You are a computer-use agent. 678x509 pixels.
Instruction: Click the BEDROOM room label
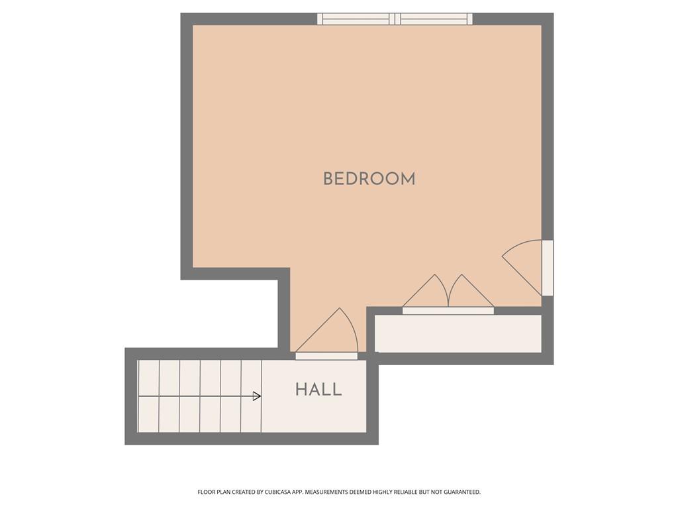[369, 179]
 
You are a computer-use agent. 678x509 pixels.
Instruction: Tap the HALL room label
[318, 390]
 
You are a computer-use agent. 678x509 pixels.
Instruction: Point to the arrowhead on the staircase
[257, 396]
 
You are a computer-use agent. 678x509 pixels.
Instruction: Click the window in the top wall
[395, 19]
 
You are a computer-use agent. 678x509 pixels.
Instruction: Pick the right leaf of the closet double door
[471, 291]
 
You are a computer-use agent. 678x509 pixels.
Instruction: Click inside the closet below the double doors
[458, 334]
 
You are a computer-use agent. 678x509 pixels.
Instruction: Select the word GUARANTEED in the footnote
[462, 492]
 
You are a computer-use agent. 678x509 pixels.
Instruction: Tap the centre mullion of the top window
[395, 19]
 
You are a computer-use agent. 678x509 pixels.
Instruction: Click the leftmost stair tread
[148, 396]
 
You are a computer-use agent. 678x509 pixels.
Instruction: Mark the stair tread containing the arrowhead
[251, 396]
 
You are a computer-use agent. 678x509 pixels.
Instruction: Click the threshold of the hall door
[326, 356]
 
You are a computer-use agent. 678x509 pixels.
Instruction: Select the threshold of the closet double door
[448, 311]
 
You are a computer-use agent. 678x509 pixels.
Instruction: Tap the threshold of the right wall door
[548, 268]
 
